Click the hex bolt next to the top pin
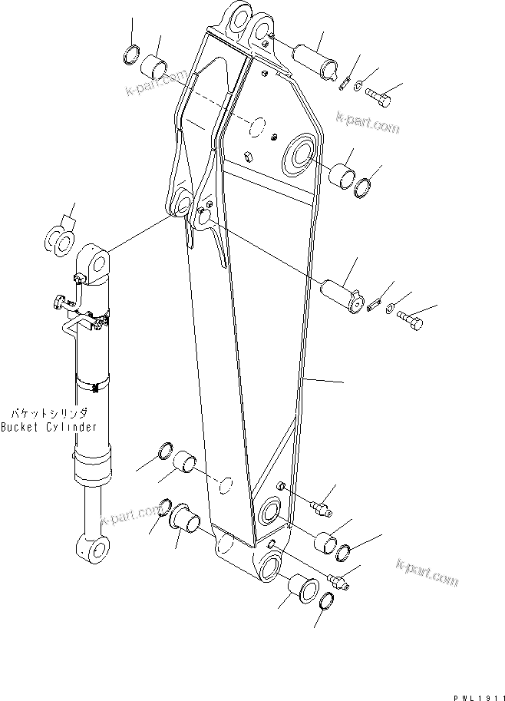pos(378,98)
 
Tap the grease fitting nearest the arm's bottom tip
pos(338,581)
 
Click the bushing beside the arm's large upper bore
pos(342,176)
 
